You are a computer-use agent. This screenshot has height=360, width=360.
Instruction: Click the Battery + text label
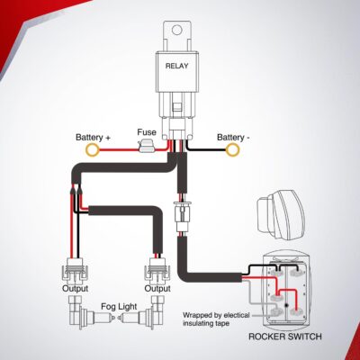[93, 138]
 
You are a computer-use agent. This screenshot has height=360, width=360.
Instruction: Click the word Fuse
[147, 132]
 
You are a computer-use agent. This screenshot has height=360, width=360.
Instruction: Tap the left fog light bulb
[76, 317]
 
